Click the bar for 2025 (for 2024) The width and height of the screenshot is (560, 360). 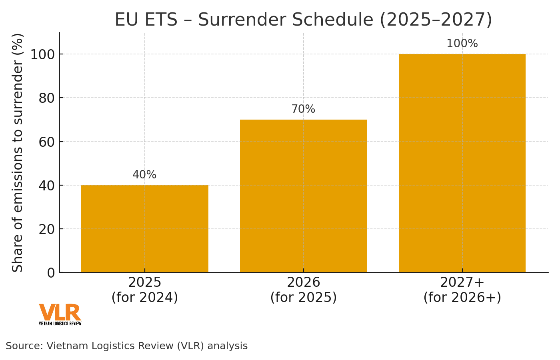pos(144,229)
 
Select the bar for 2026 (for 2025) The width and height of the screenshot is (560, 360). pos(303,196)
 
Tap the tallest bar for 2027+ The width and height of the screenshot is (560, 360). pos(462,163)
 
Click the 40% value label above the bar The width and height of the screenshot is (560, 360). pos(144,175)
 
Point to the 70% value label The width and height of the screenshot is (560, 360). pos(303,109)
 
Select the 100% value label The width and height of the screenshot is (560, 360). pos(462,44)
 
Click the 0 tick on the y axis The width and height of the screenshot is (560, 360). pos(51,273)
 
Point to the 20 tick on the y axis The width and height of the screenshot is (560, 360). pos(46,229)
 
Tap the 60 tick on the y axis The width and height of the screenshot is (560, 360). pos(46,142)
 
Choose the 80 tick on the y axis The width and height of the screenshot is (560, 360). pos(46,98)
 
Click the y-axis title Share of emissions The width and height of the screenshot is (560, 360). pos(18,152)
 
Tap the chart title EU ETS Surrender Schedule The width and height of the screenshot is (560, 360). pos(303,20)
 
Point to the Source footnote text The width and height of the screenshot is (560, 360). pos(126,346)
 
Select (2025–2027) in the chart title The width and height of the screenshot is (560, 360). pos(436,20)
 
